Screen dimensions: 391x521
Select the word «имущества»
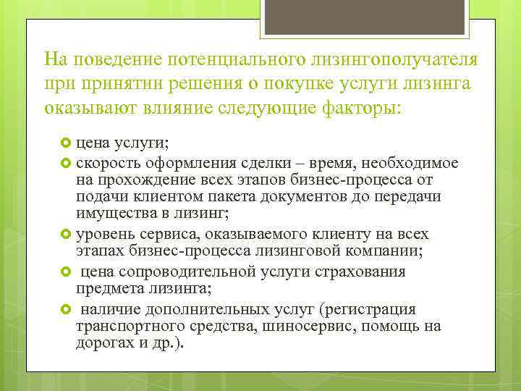click(x=109, y=214)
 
